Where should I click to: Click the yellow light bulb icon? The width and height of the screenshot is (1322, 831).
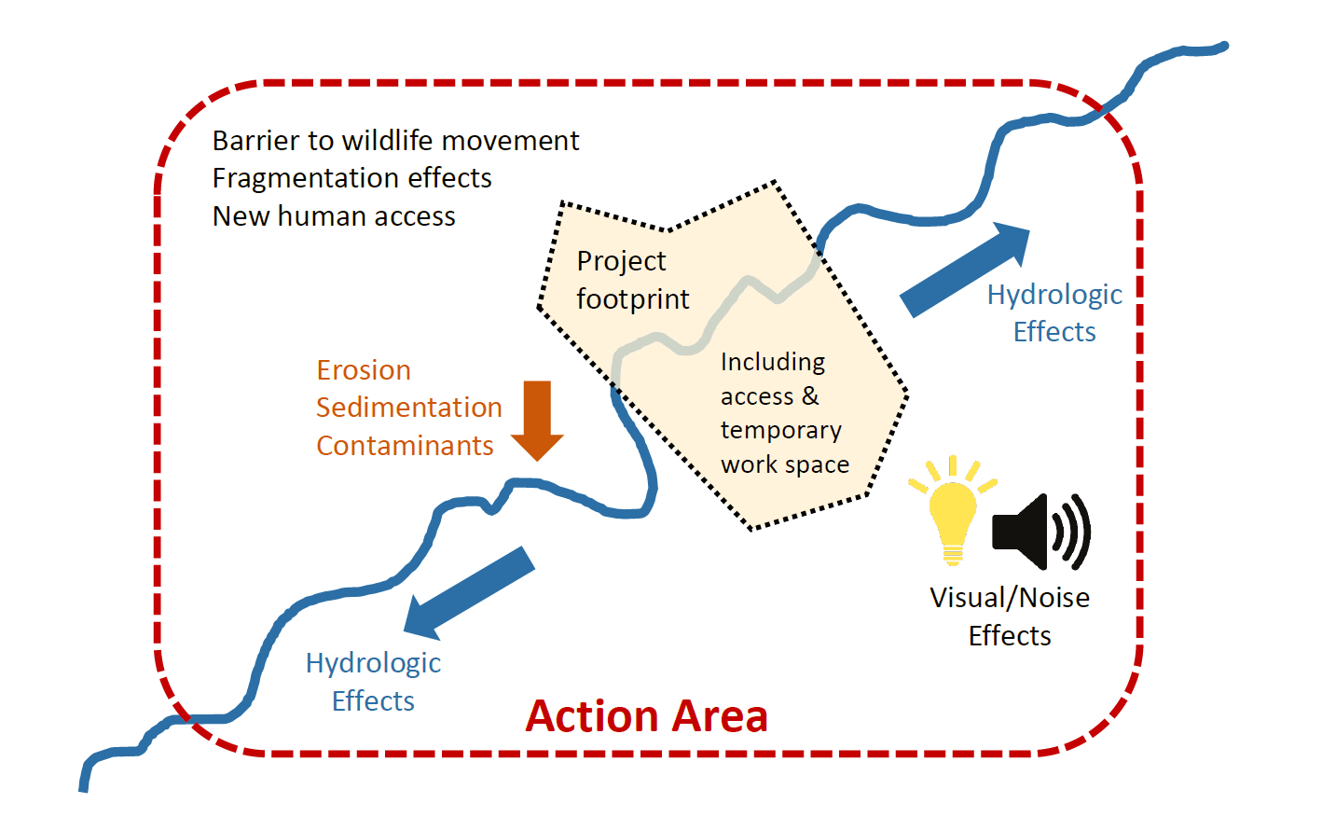(952, 513)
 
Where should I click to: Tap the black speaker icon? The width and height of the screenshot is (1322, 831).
(1037, 532)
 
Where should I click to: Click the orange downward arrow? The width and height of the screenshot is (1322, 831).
(537, 421)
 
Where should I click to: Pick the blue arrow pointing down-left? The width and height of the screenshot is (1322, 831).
(468, 593)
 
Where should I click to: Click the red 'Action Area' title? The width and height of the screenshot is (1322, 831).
(646, 716)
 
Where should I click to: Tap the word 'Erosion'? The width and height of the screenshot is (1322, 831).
(364, 370)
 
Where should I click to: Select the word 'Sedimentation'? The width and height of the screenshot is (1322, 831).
(408, 408)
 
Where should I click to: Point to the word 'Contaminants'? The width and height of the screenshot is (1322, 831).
(405, 446)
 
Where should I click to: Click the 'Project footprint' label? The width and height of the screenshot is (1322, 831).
(632, 280)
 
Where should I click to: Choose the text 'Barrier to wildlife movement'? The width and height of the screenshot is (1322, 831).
(395, 141)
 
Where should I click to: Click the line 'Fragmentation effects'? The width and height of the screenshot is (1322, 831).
(351, 178)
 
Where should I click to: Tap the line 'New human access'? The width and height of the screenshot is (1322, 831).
(334, 216)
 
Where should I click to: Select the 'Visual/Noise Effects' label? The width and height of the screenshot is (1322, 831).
(1009, 616)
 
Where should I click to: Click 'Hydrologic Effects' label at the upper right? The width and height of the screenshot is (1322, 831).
(1054, 313)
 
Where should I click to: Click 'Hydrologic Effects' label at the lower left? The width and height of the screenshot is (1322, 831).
(373, 682)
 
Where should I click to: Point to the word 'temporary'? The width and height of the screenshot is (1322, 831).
(780, 430)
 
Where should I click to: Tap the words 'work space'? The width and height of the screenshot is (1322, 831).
(785, 464)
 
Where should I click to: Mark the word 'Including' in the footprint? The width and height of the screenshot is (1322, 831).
(773, 362)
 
